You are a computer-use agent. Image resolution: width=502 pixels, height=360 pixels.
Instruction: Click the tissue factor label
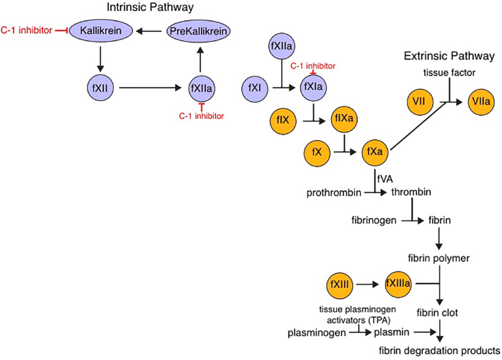point(449,73)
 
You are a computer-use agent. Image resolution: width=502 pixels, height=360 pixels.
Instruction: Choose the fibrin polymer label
point(438,258)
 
